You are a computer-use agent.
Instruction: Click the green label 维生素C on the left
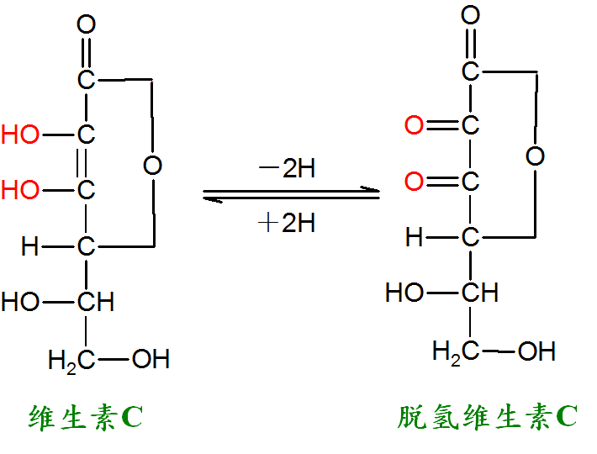(86, 418)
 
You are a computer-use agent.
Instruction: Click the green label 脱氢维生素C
(488, 417)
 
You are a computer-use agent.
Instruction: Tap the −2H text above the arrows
(287, 168)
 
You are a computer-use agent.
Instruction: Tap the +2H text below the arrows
(287, 223)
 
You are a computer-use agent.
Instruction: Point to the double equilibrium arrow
(291, 194)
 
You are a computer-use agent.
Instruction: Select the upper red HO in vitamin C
(20, 135)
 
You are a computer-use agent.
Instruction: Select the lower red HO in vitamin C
(20, 189)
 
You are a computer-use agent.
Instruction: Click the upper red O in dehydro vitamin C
(414, 124)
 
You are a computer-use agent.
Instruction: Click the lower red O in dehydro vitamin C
(414, 181)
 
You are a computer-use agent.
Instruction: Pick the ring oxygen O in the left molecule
(153, 165)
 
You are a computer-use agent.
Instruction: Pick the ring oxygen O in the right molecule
(536, 156)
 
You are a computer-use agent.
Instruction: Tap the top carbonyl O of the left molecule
(86, 24)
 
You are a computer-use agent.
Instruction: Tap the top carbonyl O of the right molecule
(471, 15)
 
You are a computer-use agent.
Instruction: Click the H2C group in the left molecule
(71, 361)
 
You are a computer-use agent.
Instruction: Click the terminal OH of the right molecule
(536, 351)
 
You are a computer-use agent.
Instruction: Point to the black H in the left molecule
(30, 245)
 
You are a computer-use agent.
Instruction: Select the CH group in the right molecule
(480, 293)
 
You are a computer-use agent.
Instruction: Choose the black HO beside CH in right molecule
(404, 293)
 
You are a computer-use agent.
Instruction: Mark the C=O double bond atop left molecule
(86, 51)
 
